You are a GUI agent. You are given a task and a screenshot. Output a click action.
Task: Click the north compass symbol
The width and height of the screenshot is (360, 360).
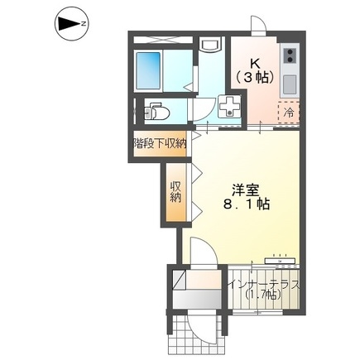(x=71, y=24)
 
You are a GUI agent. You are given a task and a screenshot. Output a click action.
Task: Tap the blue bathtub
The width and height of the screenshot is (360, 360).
(x=148, y=70)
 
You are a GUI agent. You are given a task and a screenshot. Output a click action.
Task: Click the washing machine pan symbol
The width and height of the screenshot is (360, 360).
(x=229, y=107)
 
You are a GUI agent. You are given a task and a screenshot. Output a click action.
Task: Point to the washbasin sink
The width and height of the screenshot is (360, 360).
(x=210, y=45)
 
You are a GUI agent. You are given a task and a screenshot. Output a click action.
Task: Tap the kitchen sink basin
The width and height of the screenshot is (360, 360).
(x=290, y=84)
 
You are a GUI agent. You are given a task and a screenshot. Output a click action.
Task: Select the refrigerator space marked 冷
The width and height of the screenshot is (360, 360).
(x=289, y=113)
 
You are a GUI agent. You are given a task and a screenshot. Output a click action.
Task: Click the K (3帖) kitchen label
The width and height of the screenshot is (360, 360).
(x=255, y=71)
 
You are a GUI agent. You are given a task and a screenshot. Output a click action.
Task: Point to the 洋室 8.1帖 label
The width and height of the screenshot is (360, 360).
(x=246, y=197)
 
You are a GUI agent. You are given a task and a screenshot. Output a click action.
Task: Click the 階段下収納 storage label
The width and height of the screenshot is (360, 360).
(x=160, y=143)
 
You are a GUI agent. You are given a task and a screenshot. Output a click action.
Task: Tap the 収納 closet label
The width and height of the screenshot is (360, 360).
(x=175, y=192)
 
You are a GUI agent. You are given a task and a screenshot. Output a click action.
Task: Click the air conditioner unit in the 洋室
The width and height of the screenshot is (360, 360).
(x=280, y=261)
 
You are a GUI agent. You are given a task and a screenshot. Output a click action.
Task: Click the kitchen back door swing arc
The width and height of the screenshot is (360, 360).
(x=258, y=24)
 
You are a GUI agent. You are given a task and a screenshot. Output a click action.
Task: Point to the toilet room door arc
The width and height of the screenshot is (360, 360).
(x=203, y=110)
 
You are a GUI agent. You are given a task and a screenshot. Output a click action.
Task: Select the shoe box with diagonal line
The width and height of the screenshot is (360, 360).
(x=180, y=280)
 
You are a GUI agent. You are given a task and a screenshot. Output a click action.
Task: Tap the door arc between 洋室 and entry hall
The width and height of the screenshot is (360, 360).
(x=204, y=251)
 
